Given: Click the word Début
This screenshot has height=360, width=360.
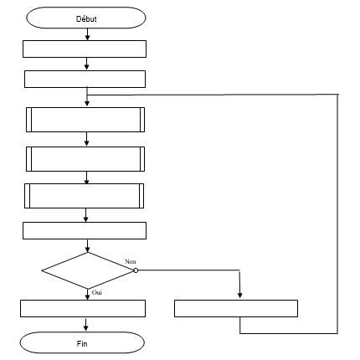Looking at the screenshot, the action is (x=86, y=18).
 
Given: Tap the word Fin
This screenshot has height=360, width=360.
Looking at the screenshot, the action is (x=82, y=343).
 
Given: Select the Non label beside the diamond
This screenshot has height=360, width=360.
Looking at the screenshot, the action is (x=131, y=261).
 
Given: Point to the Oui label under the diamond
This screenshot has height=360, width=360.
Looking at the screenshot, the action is (x=97, y=292).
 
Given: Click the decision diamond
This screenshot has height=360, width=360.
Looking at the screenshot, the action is (x=88, y=270).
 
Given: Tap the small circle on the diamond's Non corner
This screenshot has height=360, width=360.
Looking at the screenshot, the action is (x=136, y=270).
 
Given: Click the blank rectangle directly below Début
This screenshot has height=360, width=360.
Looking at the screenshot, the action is (x=85, y=49).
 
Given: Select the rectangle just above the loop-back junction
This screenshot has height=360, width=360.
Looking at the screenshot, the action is (x=85, y=80).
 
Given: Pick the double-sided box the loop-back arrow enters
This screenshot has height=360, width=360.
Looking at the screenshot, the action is (x=85, y=120).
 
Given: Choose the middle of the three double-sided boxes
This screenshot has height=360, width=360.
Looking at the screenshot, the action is (x=85, y=159).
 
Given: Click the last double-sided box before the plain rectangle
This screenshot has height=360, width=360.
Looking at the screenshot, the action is (x=85, y=196).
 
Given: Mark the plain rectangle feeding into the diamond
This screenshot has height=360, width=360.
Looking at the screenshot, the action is (x=85, y=231).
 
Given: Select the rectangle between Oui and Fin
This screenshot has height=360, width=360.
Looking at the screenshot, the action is (x=83, y=309).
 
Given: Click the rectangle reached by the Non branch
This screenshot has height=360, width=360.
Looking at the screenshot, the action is (x=236, y=309).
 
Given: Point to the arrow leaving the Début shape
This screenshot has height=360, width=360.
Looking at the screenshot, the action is (x=87, y=34).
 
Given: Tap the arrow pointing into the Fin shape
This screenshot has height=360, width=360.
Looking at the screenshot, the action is (x=85, y=324).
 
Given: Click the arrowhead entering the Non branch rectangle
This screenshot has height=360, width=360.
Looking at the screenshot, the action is (x=239, y=296).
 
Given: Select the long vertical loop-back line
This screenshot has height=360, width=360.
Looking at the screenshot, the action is (x=337, y=213).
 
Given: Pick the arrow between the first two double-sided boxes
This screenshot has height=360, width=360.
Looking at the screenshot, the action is (x=86, y=139).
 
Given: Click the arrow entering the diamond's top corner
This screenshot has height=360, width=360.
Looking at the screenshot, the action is (x=88, y=246).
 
